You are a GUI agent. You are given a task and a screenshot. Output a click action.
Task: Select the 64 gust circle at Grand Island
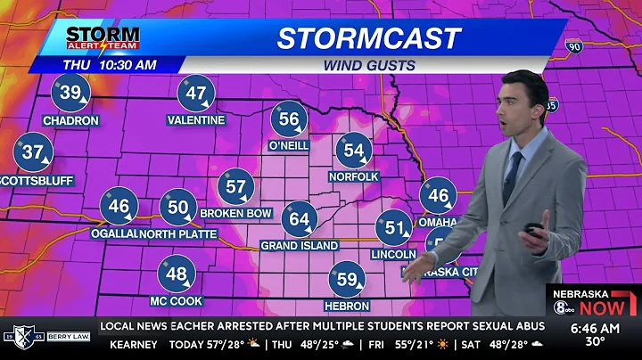point(300,219)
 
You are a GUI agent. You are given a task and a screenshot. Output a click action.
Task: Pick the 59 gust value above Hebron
point(347,280)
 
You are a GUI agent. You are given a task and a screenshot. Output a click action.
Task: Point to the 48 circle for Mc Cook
point(177,274)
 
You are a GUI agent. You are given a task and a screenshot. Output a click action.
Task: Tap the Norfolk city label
point(354,176)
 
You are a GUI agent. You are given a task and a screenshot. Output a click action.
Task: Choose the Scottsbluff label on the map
point(37,180)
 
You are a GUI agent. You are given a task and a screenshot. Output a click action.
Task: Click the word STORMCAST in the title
point(368,38)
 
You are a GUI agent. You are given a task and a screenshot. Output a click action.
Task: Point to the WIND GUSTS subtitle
point(368,64)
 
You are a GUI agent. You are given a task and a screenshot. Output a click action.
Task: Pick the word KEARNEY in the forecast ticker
point(134,344)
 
